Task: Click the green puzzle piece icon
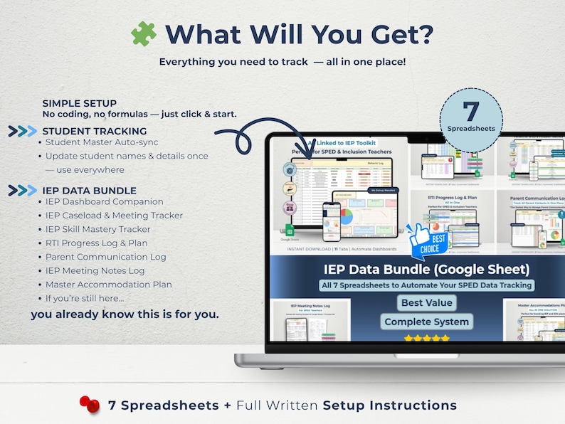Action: (144, 33)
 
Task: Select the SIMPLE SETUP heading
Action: (80, 104)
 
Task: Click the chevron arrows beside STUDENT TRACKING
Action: (23, 131)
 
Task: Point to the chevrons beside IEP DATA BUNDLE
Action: (23, 190)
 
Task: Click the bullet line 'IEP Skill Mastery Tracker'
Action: (98, 229)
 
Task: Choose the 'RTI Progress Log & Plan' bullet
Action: (97, 243)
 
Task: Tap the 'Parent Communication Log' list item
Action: (106, 257)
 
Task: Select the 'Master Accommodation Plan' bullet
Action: (109, 285)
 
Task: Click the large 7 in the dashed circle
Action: (470, 112)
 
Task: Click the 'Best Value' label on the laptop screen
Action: (427, 302)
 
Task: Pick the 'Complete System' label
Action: (427, 322)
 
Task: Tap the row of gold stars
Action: (427, 339)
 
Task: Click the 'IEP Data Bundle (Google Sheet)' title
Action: (427, 269)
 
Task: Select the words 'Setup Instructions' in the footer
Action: (390, 406)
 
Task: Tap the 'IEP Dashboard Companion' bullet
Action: (105, 201)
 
